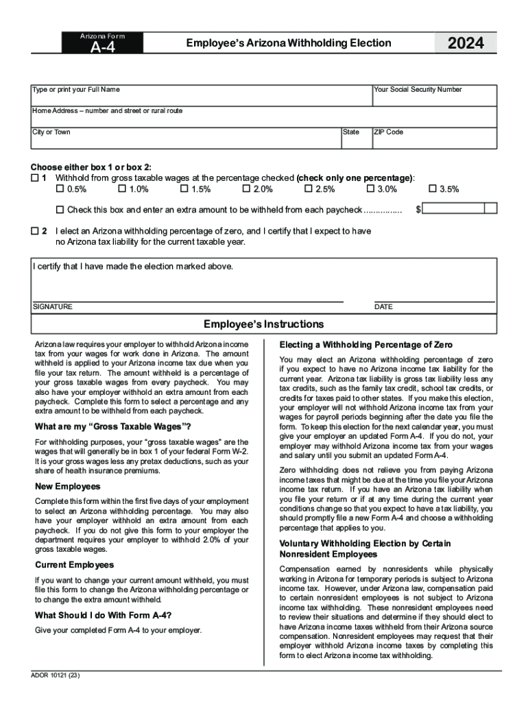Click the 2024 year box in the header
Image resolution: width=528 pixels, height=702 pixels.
pyautogui.click(x=466, y=44)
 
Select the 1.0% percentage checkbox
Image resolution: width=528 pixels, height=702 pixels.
pyautogui.click(x=122, y=189)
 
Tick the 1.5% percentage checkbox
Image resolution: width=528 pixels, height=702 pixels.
pyautogui.click(x=184, y=189)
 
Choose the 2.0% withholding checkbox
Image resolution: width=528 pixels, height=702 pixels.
pyautogui.click(x=246, y=189)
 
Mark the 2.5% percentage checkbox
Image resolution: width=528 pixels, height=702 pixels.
pyautogui.click(x=309, y=189)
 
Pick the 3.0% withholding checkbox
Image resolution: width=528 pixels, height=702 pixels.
pyautogui.click(x=371, y=189)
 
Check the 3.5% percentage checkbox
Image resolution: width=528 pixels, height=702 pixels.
pyautogui.click(x=433, y=189)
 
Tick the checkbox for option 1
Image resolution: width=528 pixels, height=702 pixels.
pyautogui.click(x=35, y=178)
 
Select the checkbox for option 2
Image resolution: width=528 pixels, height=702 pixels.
pyautogui.click(x=35, y=231)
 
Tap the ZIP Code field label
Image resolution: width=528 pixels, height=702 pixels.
pyautogui.click(x=388, y=132)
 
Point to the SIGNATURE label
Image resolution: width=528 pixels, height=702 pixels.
pyautogui.click(x=52, y=307)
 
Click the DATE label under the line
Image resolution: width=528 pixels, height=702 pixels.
pyautogui.click(x=383, y=307)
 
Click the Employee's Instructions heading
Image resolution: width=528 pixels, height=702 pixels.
pyautogui.click(x=263, y=324)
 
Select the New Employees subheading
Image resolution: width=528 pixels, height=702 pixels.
pyautogui.click(x=67, y=486)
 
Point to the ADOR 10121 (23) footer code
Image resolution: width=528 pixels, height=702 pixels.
pyautogui.click(x=56, y=675)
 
